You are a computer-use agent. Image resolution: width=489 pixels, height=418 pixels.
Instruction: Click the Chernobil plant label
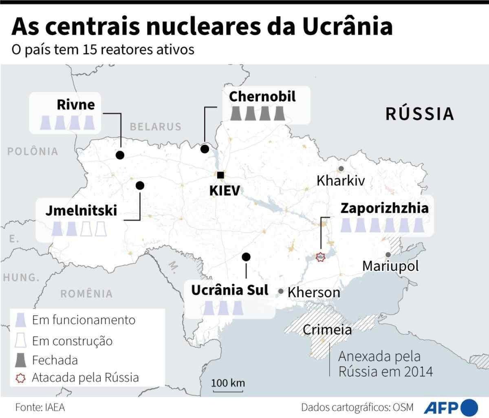(x=262, y=97)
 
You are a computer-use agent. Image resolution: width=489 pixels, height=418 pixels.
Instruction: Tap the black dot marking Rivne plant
(x=120, y=155)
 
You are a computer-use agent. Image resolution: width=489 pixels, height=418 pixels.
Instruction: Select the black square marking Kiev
(x=220, y=175)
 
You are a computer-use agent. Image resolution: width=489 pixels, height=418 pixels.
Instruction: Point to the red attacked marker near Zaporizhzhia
(x=321, y=257)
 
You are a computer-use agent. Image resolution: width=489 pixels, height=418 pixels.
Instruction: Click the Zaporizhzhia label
(x=384, y=208)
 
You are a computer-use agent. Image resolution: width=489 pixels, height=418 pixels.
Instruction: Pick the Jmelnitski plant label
(x=81, y=210)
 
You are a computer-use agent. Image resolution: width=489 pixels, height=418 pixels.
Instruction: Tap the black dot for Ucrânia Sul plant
(x=246, y=257)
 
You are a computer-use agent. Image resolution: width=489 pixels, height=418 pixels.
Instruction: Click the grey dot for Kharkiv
(x=341, y=168)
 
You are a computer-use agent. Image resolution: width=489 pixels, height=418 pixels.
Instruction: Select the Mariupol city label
(x=390, y=266)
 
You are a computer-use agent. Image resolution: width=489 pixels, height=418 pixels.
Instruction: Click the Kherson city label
(x=313, y=292)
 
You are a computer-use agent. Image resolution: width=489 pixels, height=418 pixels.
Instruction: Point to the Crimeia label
(x=327, y=329)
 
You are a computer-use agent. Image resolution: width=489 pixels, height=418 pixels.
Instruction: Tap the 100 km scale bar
(x=228, y=391)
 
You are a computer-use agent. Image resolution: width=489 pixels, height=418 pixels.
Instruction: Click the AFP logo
(x=452, y=407)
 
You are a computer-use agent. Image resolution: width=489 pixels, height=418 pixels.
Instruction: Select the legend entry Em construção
(x=72, y=341)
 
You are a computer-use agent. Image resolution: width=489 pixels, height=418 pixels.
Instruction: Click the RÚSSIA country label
(x=420, y=114)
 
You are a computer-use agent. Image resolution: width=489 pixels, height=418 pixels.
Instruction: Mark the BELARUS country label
(x=156, y=126)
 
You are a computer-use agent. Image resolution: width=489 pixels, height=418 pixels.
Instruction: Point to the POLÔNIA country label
(x=33, y=152)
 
